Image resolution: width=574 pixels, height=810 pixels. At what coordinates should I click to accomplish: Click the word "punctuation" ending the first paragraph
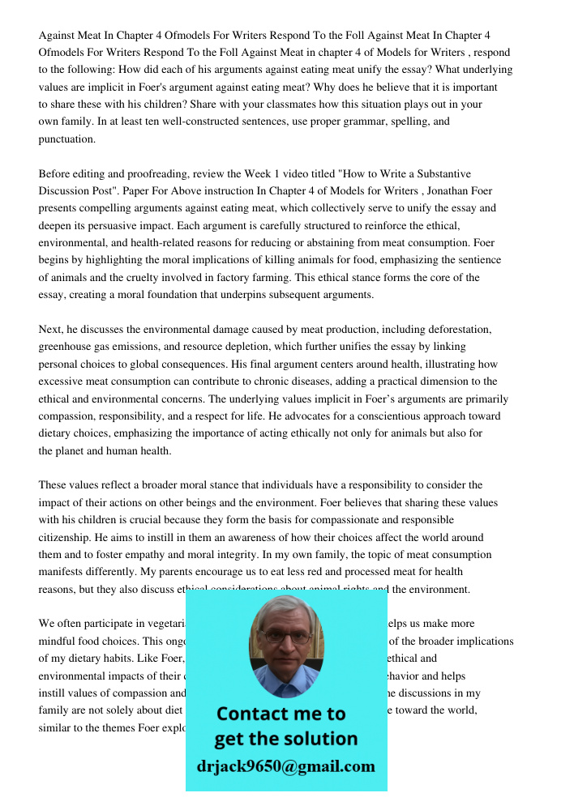(66, 139)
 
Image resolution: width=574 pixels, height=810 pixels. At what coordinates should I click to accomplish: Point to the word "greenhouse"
(64, 347)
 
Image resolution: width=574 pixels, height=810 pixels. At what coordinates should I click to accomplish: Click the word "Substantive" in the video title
(432, 174)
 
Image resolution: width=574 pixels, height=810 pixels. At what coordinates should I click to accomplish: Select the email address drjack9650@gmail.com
(285, 766)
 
